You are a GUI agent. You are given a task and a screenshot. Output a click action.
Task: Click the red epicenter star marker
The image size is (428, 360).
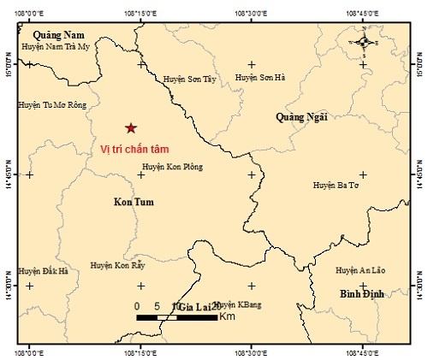[x=130, y=128]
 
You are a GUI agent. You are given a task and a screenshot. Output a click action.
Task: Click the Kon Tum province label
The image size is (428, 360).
[x=133, y=202]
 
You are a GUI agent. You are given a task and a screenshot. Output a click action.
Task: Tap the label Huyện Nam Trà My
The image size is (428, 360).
[x=56, y=47]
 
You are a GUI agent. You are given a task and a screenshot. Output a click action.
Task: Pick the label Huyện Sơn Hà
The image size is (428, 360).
[x=259, y=77]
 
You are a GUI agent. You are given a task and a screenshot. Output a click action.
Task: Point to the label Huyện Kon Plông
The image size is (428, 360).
[x=172, y=167]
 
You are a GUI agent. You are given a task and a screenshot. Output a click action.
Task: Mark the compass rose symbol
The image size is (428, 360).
[x=364, y=41]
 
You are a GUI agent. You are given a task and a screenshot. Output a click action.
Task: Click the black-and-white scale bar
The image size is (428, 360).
[x=176, y=317]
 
